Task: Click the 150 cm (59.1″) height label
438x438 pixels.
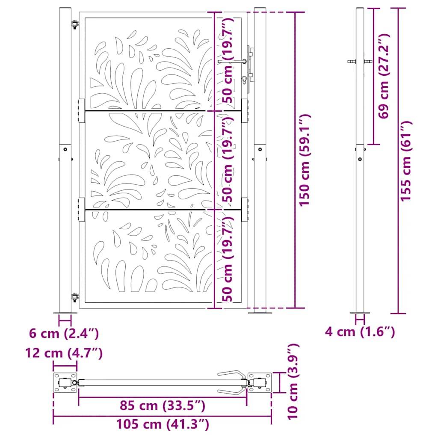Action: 305,160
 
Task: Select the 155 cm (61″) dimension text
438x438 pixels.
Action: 406,160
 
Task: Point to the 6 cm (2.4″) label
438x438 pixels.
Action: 64,332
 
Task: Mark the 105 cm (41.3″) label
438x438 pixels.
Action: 163,424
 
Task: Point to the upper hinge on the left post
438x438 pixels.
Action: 75,25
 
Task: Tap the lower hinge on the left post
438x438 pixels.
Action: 75,296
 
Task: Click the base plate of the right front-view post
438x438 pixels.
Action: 260,312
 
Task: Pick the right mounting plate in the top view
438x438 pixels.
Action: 260,382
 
